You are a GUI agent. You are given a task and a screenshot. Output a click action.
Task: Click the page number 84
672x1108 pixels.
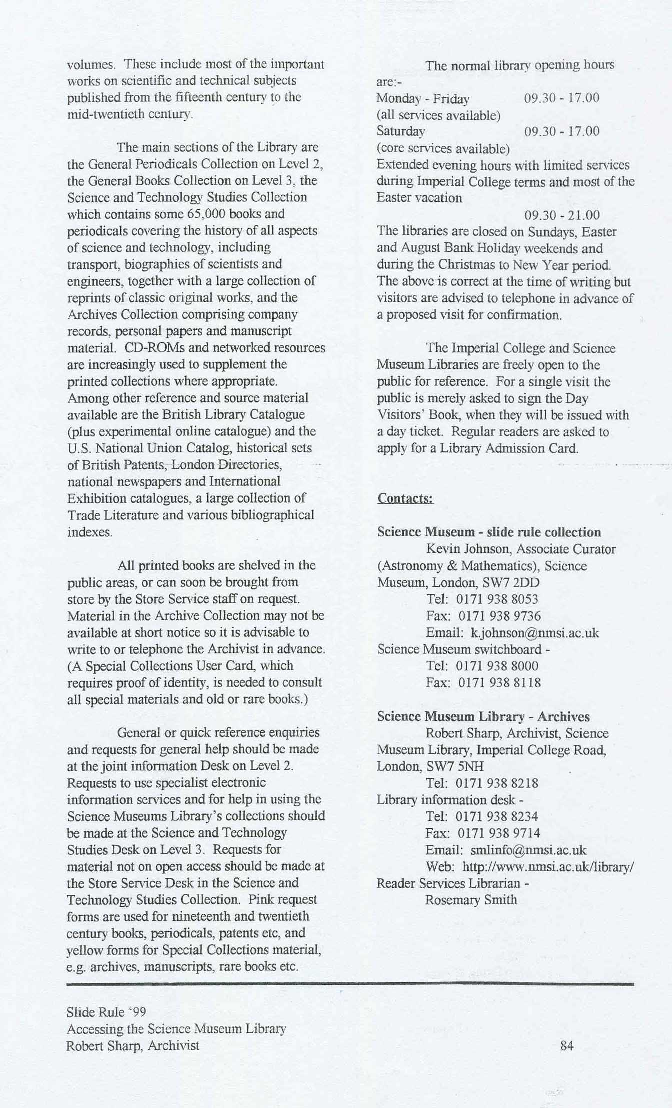pyautogui.click(x=567, y=1046)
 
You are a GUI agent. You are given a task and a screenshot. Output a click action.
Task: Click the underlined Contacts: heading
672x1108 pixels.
pyautogui.click(x=405, y=499)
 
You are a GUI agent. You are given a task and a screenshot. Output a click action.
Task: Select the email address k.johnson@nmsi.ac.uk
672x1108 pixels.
pyautogui.click(x=535, y=633)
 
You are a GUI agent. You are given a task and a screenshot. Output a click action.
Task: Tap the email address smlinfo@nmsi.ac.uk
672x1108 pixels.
pyautogui.click(x=528, y=850)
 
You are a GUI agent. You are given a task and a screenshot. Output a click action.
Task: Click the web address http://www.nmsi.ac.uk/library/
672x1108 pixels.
pyautogui.click(x=548, y=866)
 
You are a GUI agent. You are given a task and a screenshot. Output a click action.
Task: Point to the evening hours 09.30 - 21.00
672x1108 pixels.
pyautogui.click(x=562, y=215)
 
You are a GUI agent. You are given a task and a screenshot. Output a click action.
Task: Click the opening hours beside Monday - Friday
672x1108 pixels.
pyautogui.click(x=561, y=98)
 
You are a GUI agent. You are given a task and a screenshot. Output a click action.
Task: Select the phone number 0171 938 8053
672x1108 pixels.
pyautogui.click(x=498, y=599)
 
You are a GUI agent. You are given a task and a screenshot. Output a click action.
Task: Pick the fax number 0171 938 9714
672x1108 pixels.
pyautogui.click(x=499, y=833)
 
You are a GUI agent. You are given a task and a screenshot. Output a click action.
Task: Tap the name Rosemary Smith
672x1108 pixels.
pyautogui.click(x=471, y=900)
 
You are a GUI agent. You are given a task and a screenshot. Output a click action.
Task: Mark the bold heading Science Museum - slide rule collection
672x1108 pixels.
pyautogui.click(x=489, y=532)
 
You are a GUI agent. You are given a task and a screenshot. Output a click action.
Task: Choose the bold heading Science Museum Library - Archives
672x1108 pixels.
pyautogui.click(x=483, y=716)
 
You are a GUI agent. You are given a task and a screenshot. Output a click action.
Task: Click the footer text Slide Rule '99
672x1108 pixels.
pyautogui.click(x=106, y=1012)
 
